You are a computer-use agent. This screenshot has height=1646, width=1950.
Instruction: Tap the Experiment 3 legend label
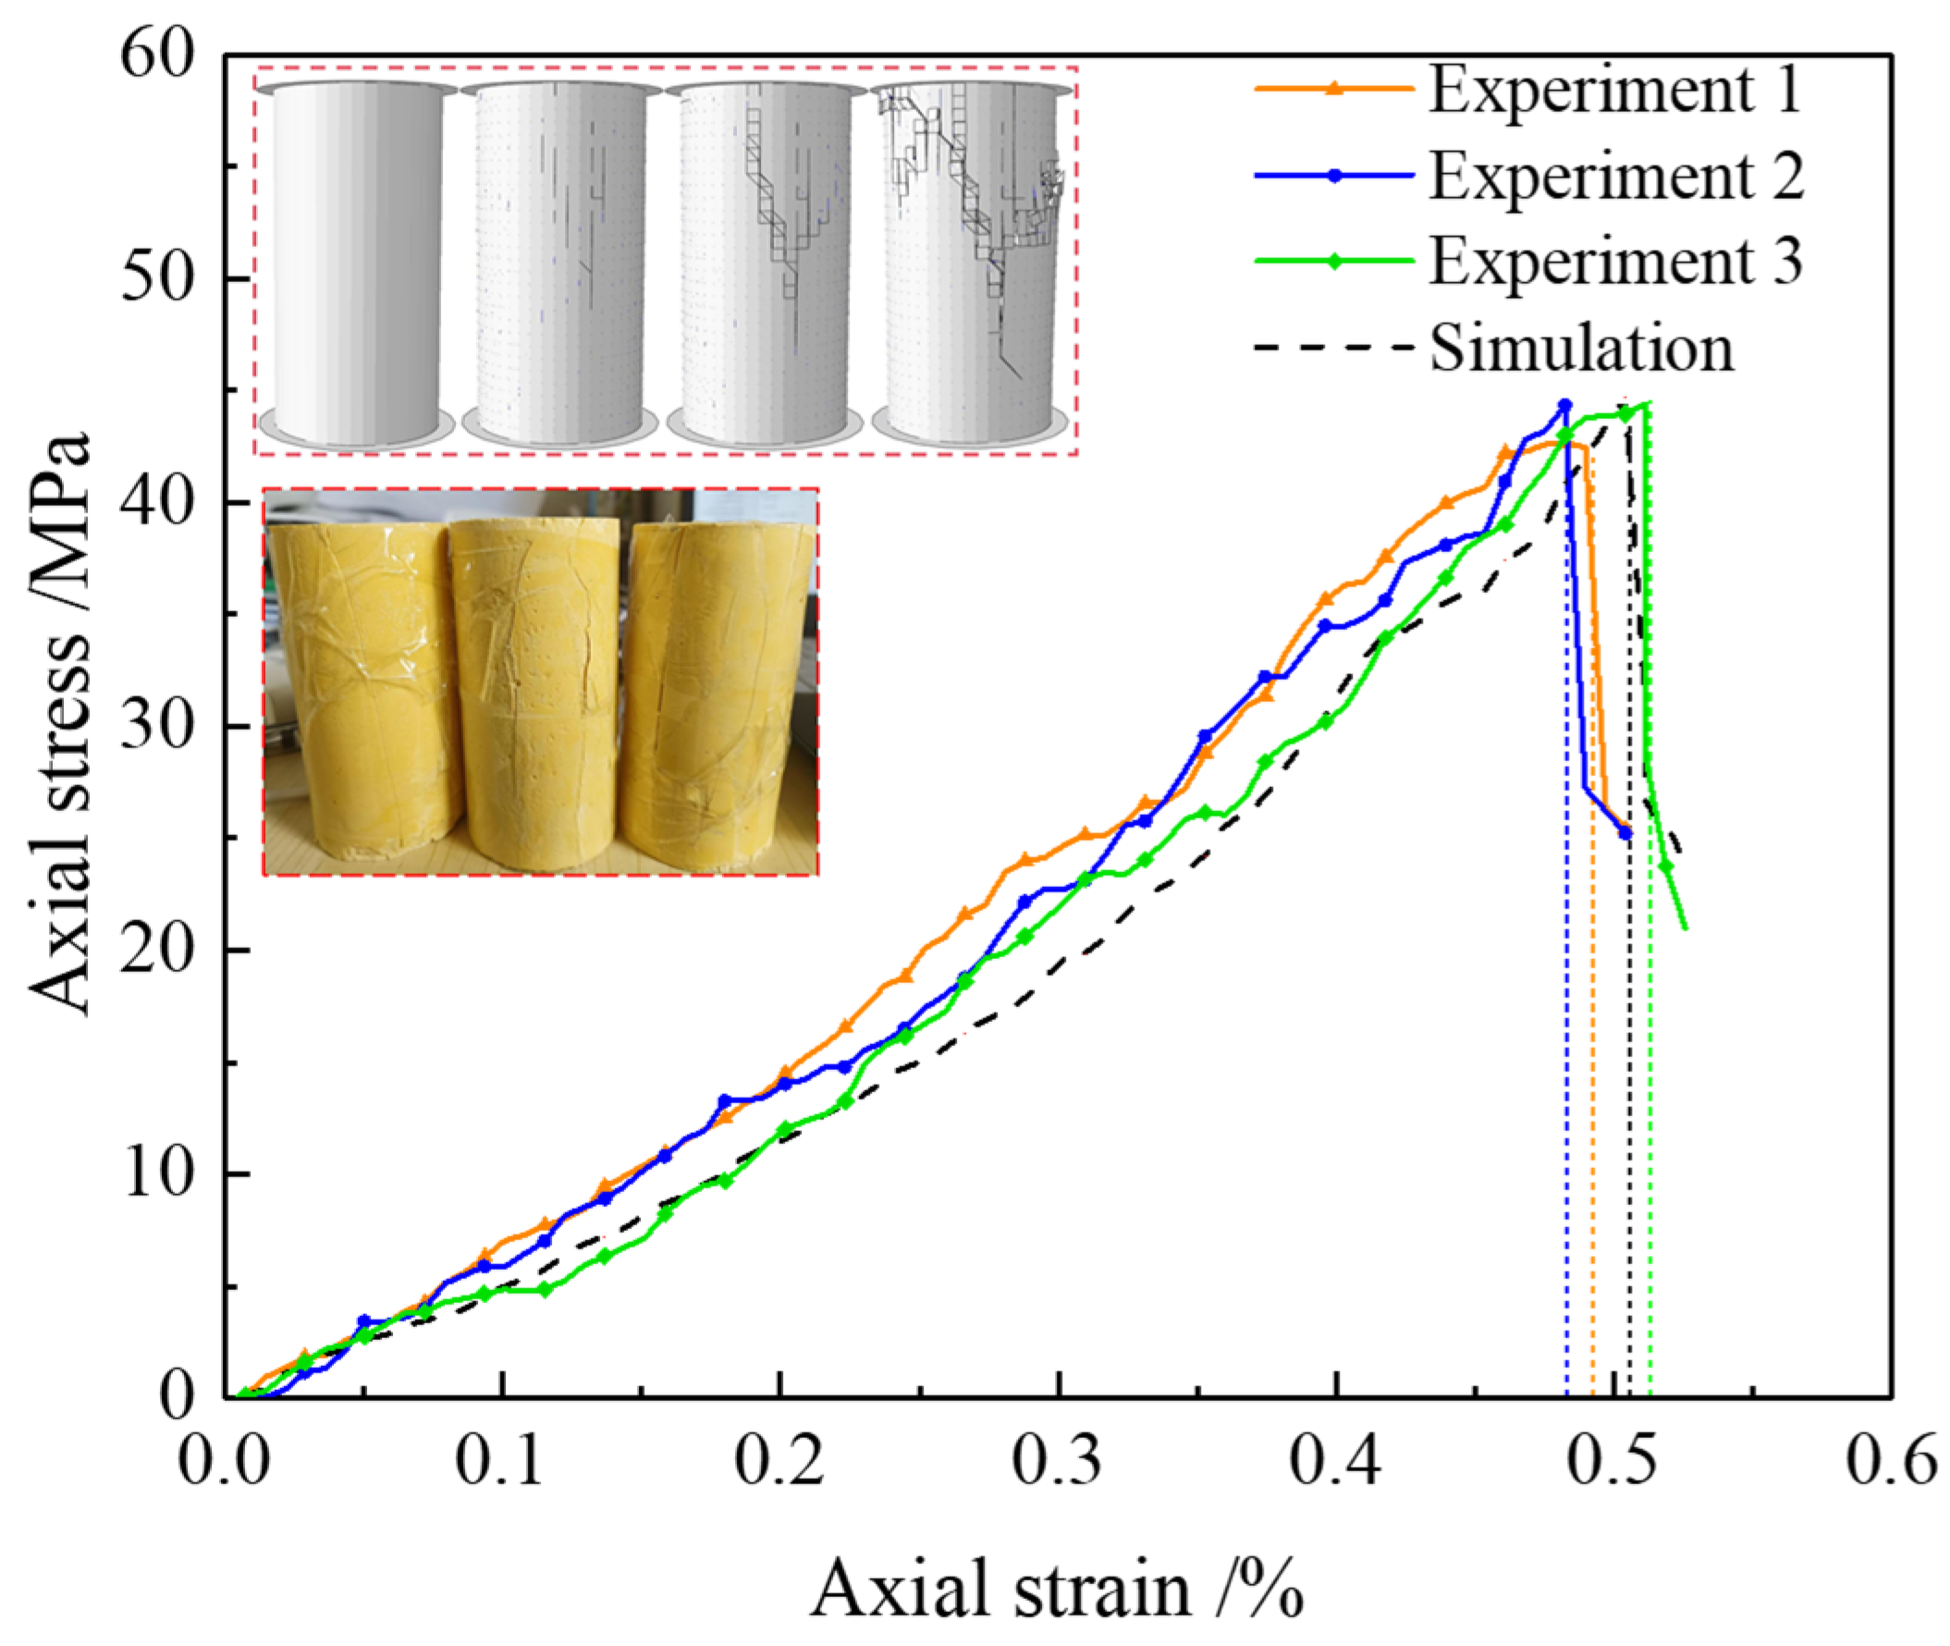click(x=1615, y=261)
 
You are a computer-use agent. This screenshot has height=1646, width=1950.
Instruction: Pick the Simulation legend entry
click(x=1581, y=347)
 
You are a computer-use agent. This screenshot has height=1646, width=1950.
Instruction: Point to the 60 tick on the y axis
click(x=157, y=56)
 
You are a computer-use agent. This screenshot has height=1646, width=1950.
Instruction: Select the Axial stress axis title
click(x=61, y=723)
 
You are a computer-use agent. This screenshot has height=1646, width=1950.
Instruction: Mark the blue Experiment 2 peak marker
click(x=1564, y=405)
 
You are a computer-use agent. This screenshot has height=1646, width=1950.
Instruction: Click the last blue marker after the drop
click(x=1625, y=832)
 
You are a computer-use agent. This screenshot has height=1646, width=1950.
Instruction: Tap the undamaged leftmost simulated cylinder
click(x=356, y=262)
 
